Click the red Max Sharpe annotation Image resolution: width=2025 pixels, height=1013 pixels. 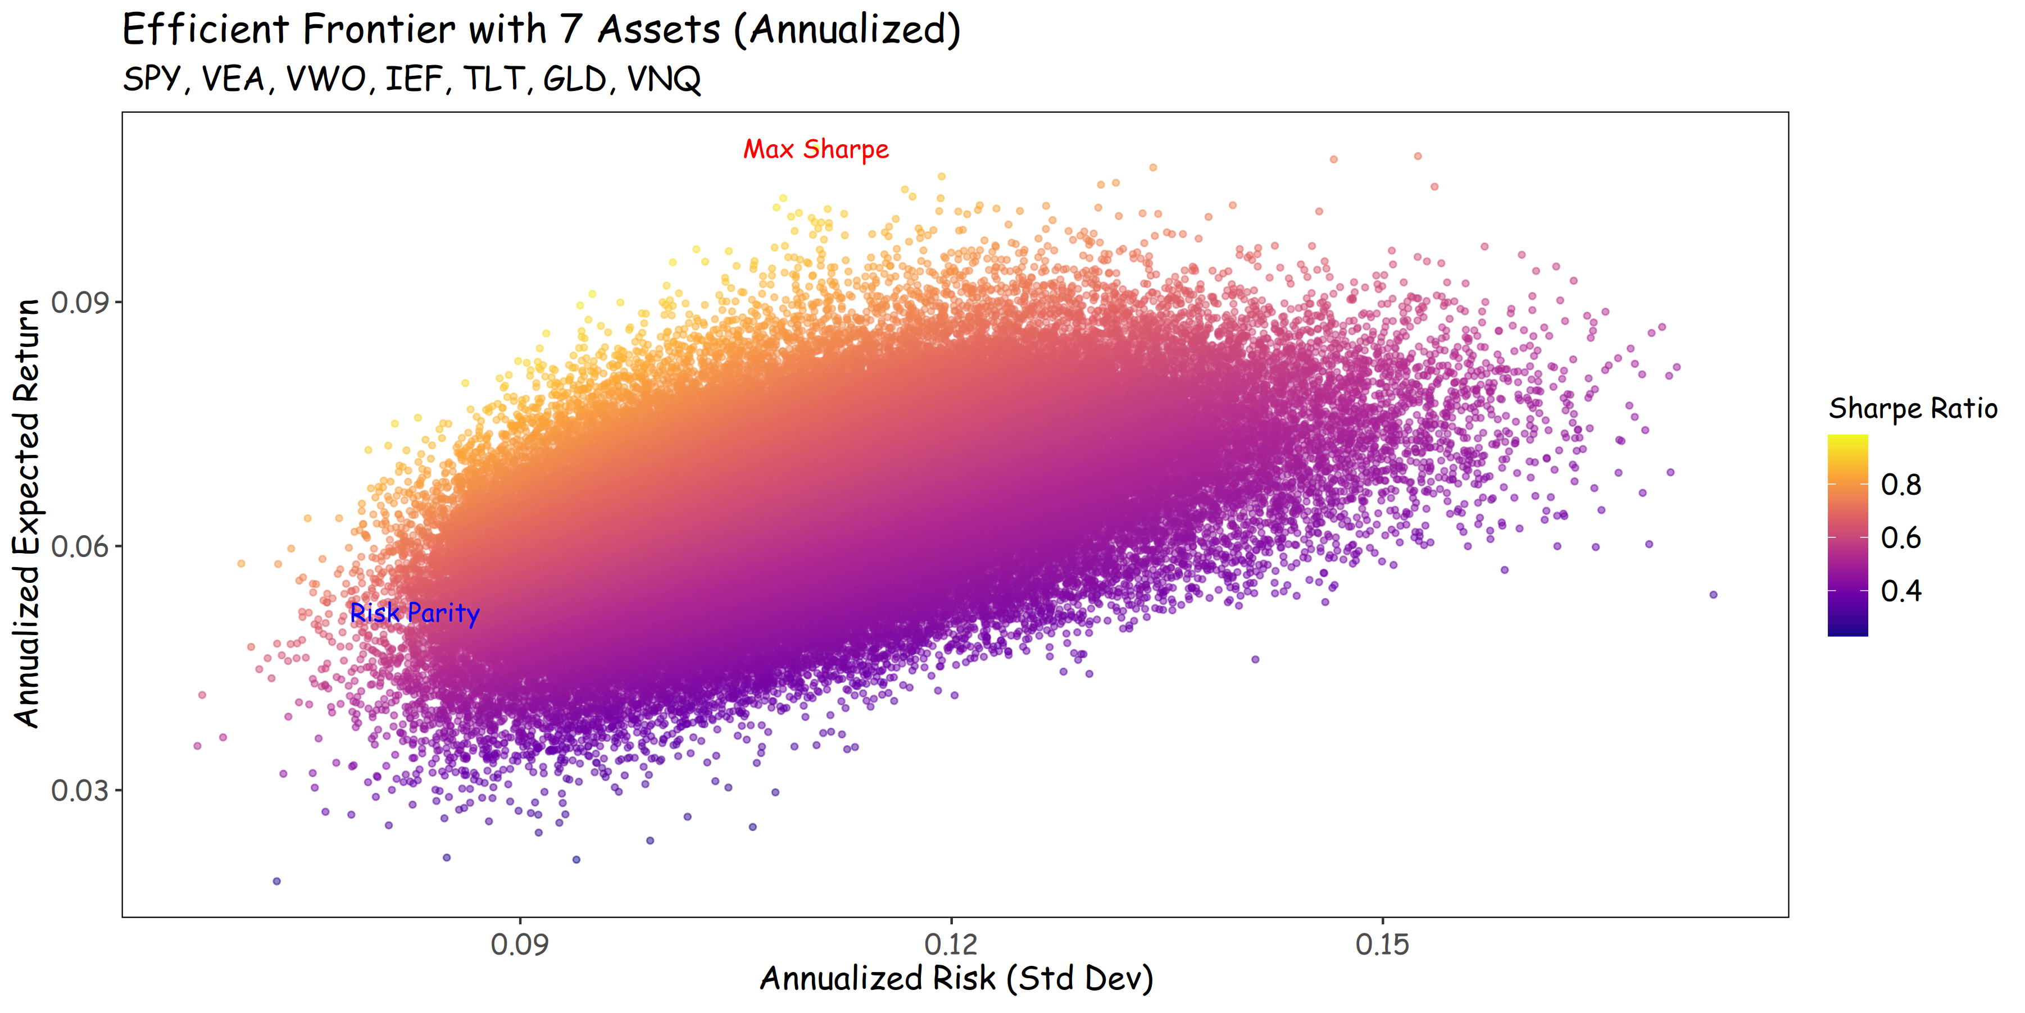pyautogui.click(x=816, y=149)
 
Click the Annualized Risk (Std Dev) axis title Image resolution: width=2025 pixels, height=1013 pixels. pyautogui.click(x=956, y=978)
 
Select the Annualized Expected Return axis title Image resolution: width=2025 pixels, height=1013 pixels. pyautogui.click(x=27, y=513)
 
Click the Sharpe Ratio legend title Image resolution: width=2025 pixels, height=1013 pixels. pyautogui.click(x=1913, y=409)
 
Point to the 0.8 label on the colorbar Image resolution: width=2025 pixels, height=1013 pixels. pyautogui.click(x=1901, y=485)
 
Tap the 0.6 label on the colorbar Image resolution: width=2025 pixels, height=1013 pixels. pyautogui.click(x=1901, y=539)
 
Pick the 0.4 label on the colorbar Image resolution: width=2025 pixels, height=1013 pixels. pyautogui.click(x=1901, y=591)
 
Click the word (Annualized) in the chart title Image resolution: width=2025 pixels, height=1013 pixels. pyautogui.click(x=847, y=30)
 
